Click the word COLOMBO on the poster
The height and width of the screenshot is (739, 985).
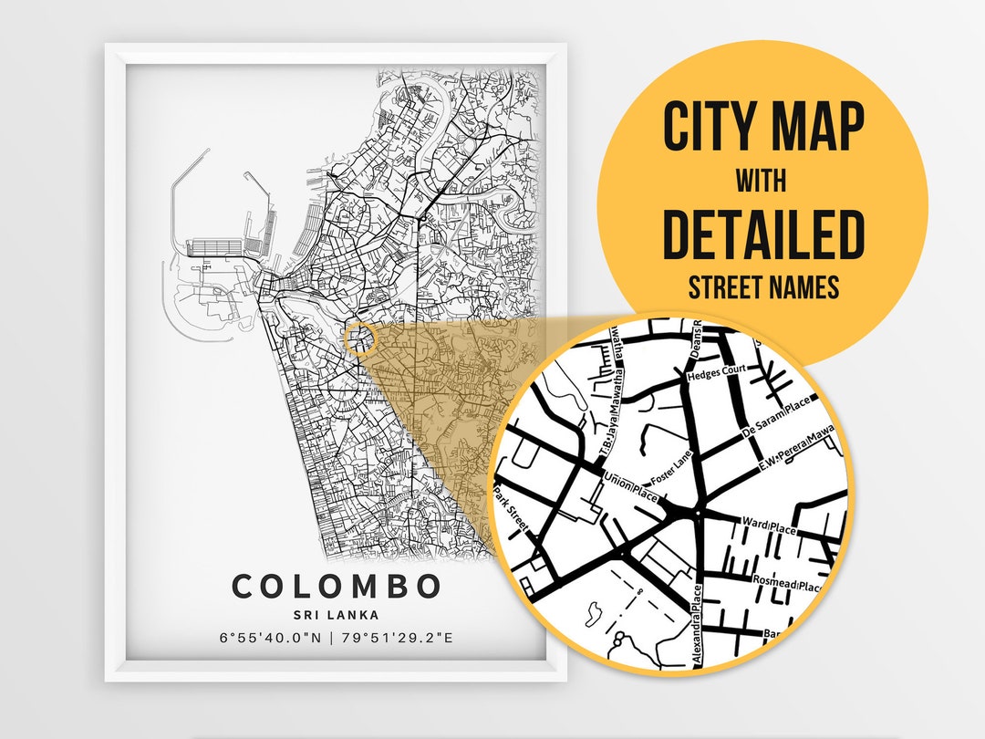[x=337, y=587]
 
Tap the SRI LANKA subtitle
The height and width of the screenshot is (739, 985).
[x=337, y=614]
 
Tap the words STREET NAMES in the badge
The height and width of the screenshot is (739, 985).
[x=763, y=288]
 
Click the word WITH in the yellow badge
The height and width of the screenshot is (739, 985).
[x=763, y=182]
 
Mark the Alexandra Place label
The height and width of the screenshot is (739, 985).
[x=699, y=629]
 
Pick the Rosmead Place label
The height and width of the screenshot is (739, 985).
[x=786, y=582]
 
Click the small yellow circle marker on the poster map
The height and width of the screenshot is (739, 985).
[x=361, y=338]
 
